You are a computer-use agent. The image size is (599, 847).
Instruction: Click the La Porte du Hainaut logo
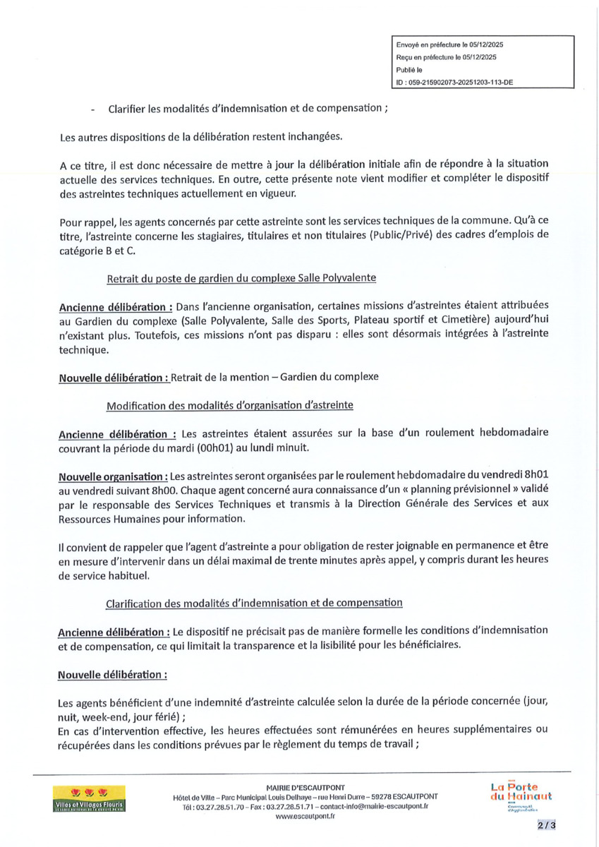(521, 795)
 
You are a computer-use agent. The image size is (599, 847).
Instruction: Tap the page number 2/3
(547, 824)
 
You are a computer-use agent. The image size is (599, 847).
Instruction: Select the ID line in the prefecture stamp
(454, 82)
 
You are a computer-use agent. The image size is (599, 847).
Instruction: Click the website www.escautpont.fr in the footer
(305, 816)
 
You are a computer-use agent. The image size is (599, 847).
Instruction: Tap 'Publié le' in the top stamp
(409, 70)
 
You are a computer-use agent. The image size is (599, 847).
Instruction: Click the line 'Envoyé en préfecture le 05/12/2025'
(449, 44)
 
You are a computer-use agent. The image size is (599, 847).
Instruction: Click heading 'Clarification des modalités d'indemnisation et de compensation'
(254, 603)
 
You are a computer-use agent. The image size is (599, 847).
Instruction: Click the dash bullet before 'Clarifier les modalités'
(93, 109)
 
